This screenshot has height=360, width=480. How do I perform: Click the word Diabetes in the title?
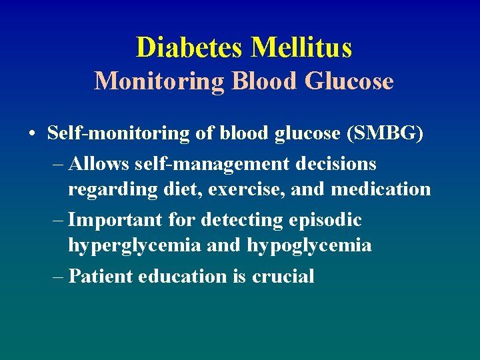pos(190,47)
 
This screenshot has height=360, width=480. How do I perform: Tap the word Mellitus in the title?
pos(301,47)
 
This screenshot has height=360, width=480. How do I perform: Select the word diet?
pos(182,189)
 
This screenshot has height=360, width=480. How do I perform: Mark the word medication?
pos(381,189)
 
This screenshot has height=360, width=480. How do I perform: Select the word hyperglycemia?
pos(134,246)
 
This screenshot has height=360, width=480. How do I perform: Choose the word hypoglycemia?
pos(309,246)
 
